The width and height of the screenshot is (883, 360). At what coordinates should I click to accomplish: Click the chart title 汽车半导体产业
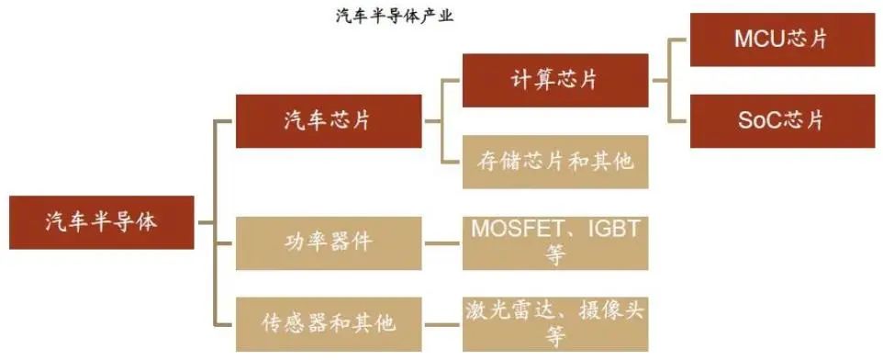pos(394,16)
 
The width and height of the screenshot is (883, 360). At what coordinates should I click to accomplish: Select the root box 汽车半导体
pos(101,222)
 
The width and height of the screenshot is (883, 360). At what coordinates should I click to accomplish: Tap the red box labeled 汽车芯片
pos(329,120)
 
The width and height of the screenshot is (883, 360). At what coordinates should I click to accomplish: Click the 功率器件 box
pos(329,243)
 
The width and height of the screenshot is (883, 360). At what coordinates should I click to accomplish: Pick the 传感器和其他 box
pos(329,323)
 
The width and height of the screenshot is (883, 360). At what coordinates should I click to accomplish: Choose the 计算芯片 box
pos(554,80)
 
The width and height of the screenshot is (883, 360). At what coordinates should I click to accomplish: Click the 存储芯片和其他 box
pos(554,162)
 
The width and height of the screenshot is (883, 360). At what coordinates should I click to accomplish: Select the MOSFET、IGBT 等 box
pos(554,242)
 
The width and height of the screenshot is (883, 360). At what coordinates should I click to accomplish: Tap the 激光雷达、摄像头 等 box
pos(554,323)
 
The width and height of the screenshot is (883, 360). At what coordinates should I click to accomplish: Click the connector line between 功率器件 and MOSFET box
pos(442,243)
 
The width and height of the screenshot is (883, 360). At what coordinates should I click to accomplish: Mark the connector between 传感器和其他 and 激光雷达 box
pos(442,323)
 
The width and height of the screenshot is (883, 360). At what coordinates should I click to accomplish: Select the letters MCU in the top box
pos(759,39)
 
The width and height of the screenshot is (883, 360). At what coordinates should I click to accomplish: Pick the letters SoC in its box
pos(759,120)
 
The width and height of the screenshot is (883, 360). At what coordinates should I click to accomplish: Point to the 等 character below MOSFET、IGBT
pos(554,256)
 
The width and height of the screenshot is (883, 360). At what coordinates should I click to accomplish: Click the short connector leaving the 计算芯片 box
pos(661,80)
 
